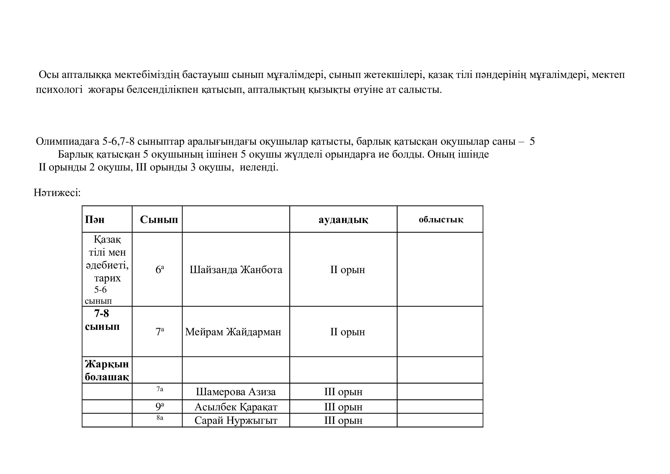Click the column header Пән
(95, 220)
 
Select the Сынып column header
(159, 220)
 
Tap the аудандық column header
(343, 220)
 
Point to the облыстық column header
(441, 220)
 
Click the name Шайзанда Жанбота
(236, 270)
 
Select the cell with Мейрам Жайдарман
(233, 332)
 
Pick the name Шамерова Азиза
(236, 392)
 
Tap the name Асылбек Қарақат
(236, 407)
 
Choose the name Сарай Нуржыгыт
(236, 420)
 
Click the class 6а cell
(159, 269)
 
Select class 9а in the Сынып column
(159, 406)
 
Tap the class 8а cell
(160, 418)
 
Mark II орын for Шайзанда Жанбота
(347, 270)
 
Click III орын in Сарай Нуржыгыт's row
(343, 420)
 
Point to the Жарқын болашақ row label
(107, 370)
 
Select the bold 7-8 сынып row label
(102, 320)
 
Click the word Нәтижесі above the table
(57, 193)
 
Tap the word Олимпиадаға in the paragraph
(68, 142)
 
